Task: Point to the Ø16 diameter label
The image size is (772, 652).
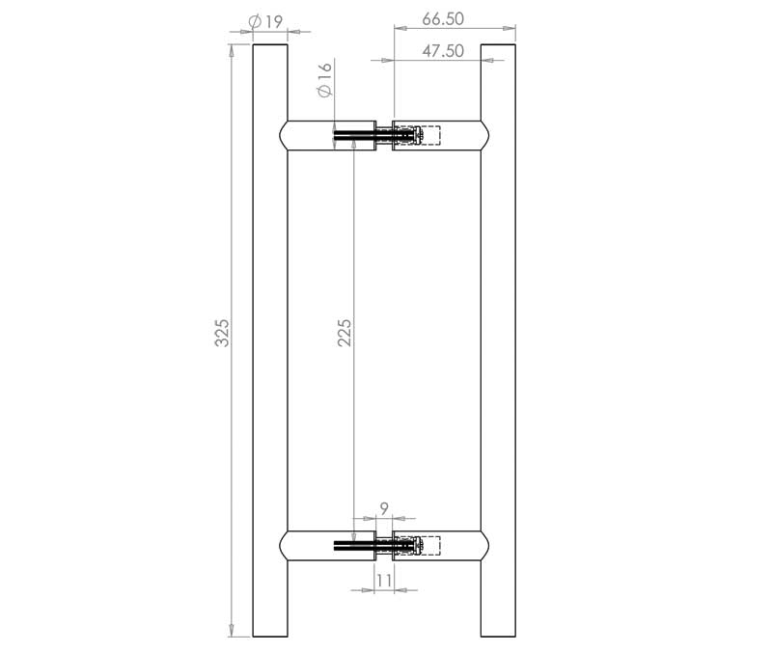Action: pos(323,79)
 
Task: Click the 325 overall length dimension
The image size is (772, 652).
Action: pos(221,333)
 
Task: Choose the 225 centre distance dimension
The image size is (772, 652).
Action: pos(345,333)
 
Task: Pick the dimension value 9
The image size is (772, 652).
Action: pos(384,508)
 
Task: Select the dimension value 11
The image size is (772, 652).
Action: pos(384,582)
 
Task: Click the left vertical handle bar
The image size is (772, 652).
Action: pos(270,338)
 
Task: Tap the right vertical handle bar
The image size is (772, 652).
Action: pos(498,338)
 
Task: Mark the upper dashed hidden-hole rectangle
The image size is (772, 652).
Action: pos(426,136)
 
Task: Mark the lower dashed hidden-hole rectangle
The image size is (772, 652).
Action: pos(426,546)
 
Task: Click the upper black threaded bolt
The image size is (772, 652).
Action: pos(354,136)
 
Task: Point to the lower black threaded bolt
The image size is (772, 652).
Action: pos(354,546)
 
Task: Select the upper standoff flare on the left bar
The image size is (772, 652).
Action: pos(287,136)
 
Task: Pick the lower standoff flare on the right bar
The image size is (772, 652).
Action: pos(482,546)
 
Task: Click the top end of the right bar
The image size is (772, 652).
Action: pos(498,46)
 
